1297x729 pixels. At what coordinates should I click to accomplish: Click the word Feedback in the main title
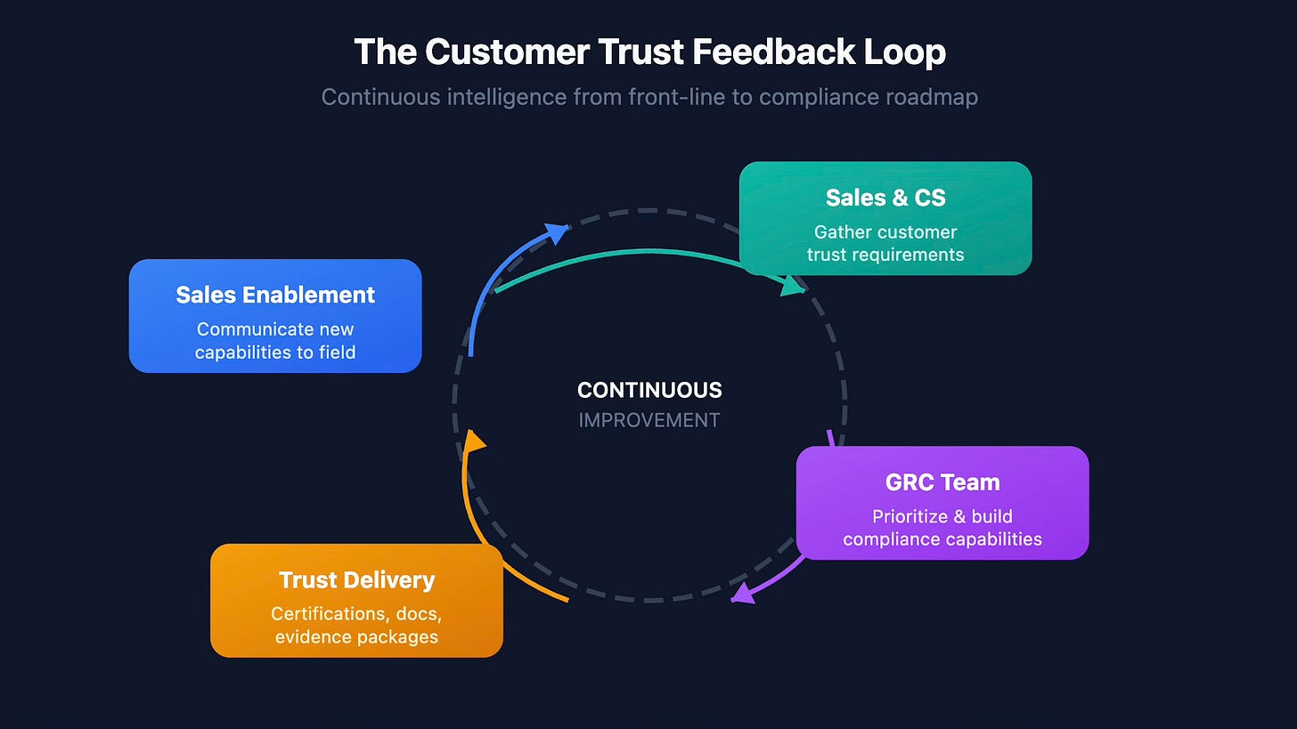(774, 52)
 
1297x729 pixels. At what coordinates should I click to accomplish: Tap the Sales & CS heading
(885, 197)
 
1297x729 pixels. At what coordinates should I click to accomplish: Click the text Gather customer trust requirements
(885, 243)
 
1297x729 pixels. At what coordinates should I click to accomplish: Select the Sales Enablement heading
(275, 295)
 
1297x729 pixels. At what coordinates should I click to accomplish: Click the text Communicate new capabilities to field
(275, 341)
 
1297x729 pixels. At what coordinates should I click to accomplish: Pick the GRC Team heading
(942, 482)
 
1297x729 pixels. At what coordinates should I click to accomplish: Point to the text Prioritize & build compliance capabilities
(942, 527)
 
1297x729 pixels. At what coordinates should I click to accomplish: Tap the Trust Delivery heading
(356, 580)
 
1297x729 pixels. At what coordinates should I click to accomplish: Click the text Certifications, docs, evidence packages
(356, 625)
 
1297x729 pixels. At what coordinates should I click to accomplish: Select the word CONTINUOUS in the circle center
(649, 390)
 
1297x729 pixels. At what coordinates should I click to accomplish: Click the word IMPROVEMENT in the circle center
(649, 420)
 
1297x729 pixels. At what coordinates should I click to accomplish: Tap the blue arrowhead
(558, 233)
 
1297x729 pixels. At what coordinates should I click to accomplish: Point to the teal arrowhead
(791, 287)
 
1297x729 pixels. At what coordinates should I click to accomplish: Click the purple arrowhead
(741, 594)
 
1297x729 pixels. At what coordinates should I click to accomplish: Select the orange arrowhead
(475, 441)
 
